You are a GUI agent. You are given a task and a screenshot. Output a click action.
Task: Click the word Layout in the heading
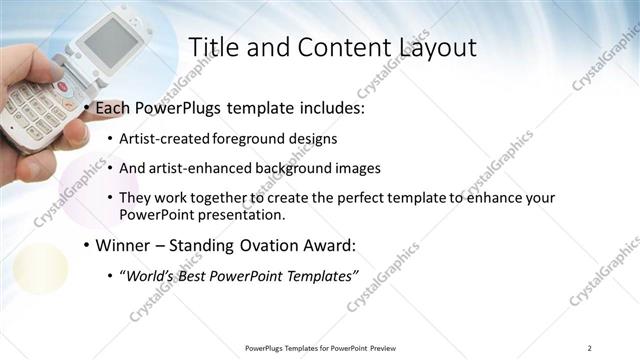pyautogui.click(x=437, y=47)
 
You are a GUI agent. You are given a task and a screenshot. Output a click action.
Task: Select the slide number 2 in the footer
pyautogui.click(x=590, y=347)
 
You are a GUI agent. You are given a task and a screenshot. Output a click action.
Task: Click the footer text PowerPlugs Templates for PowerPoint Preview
pyautogui.click(x=320, y=347)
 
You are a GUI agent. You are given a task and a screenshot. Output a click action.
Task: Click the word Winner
pyautogui.click(x=126, y=244)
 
